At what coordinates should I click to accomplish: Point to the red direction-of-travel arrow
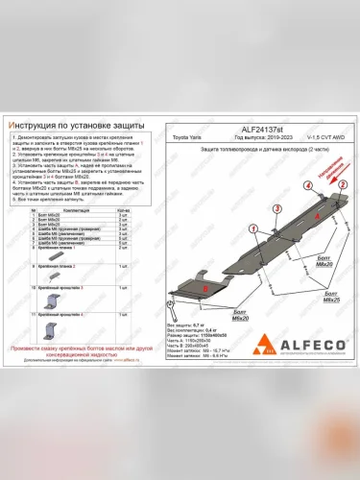(342, 173)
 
